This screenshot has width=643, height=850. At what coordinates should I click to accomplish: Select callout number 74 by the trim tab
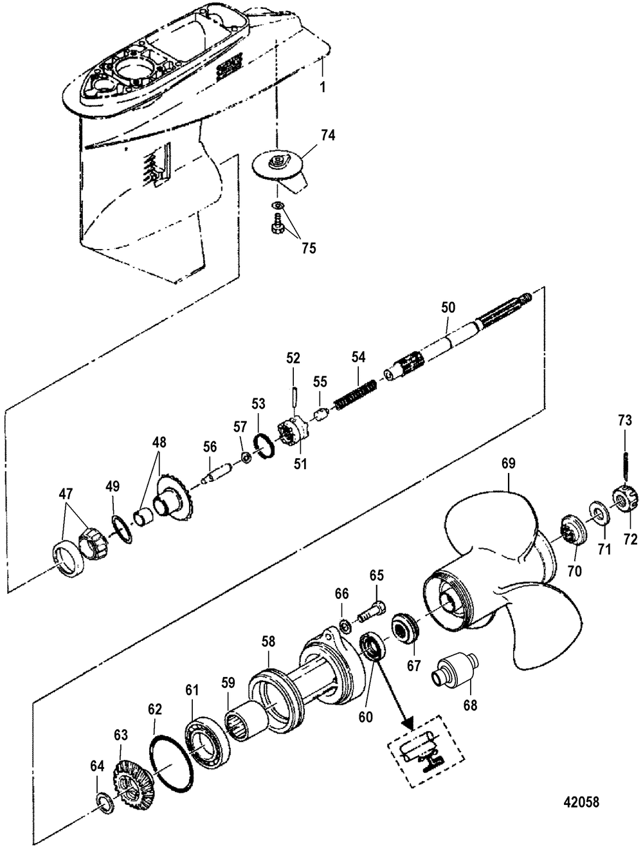328,136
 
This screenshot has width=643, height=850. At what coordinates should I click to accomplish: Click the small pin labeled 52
294,395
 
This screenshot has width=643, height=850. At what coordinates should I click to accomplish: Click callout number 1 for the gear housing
323,87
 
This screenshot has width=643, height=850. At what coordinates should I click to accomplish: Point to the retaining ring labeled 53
265,445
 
